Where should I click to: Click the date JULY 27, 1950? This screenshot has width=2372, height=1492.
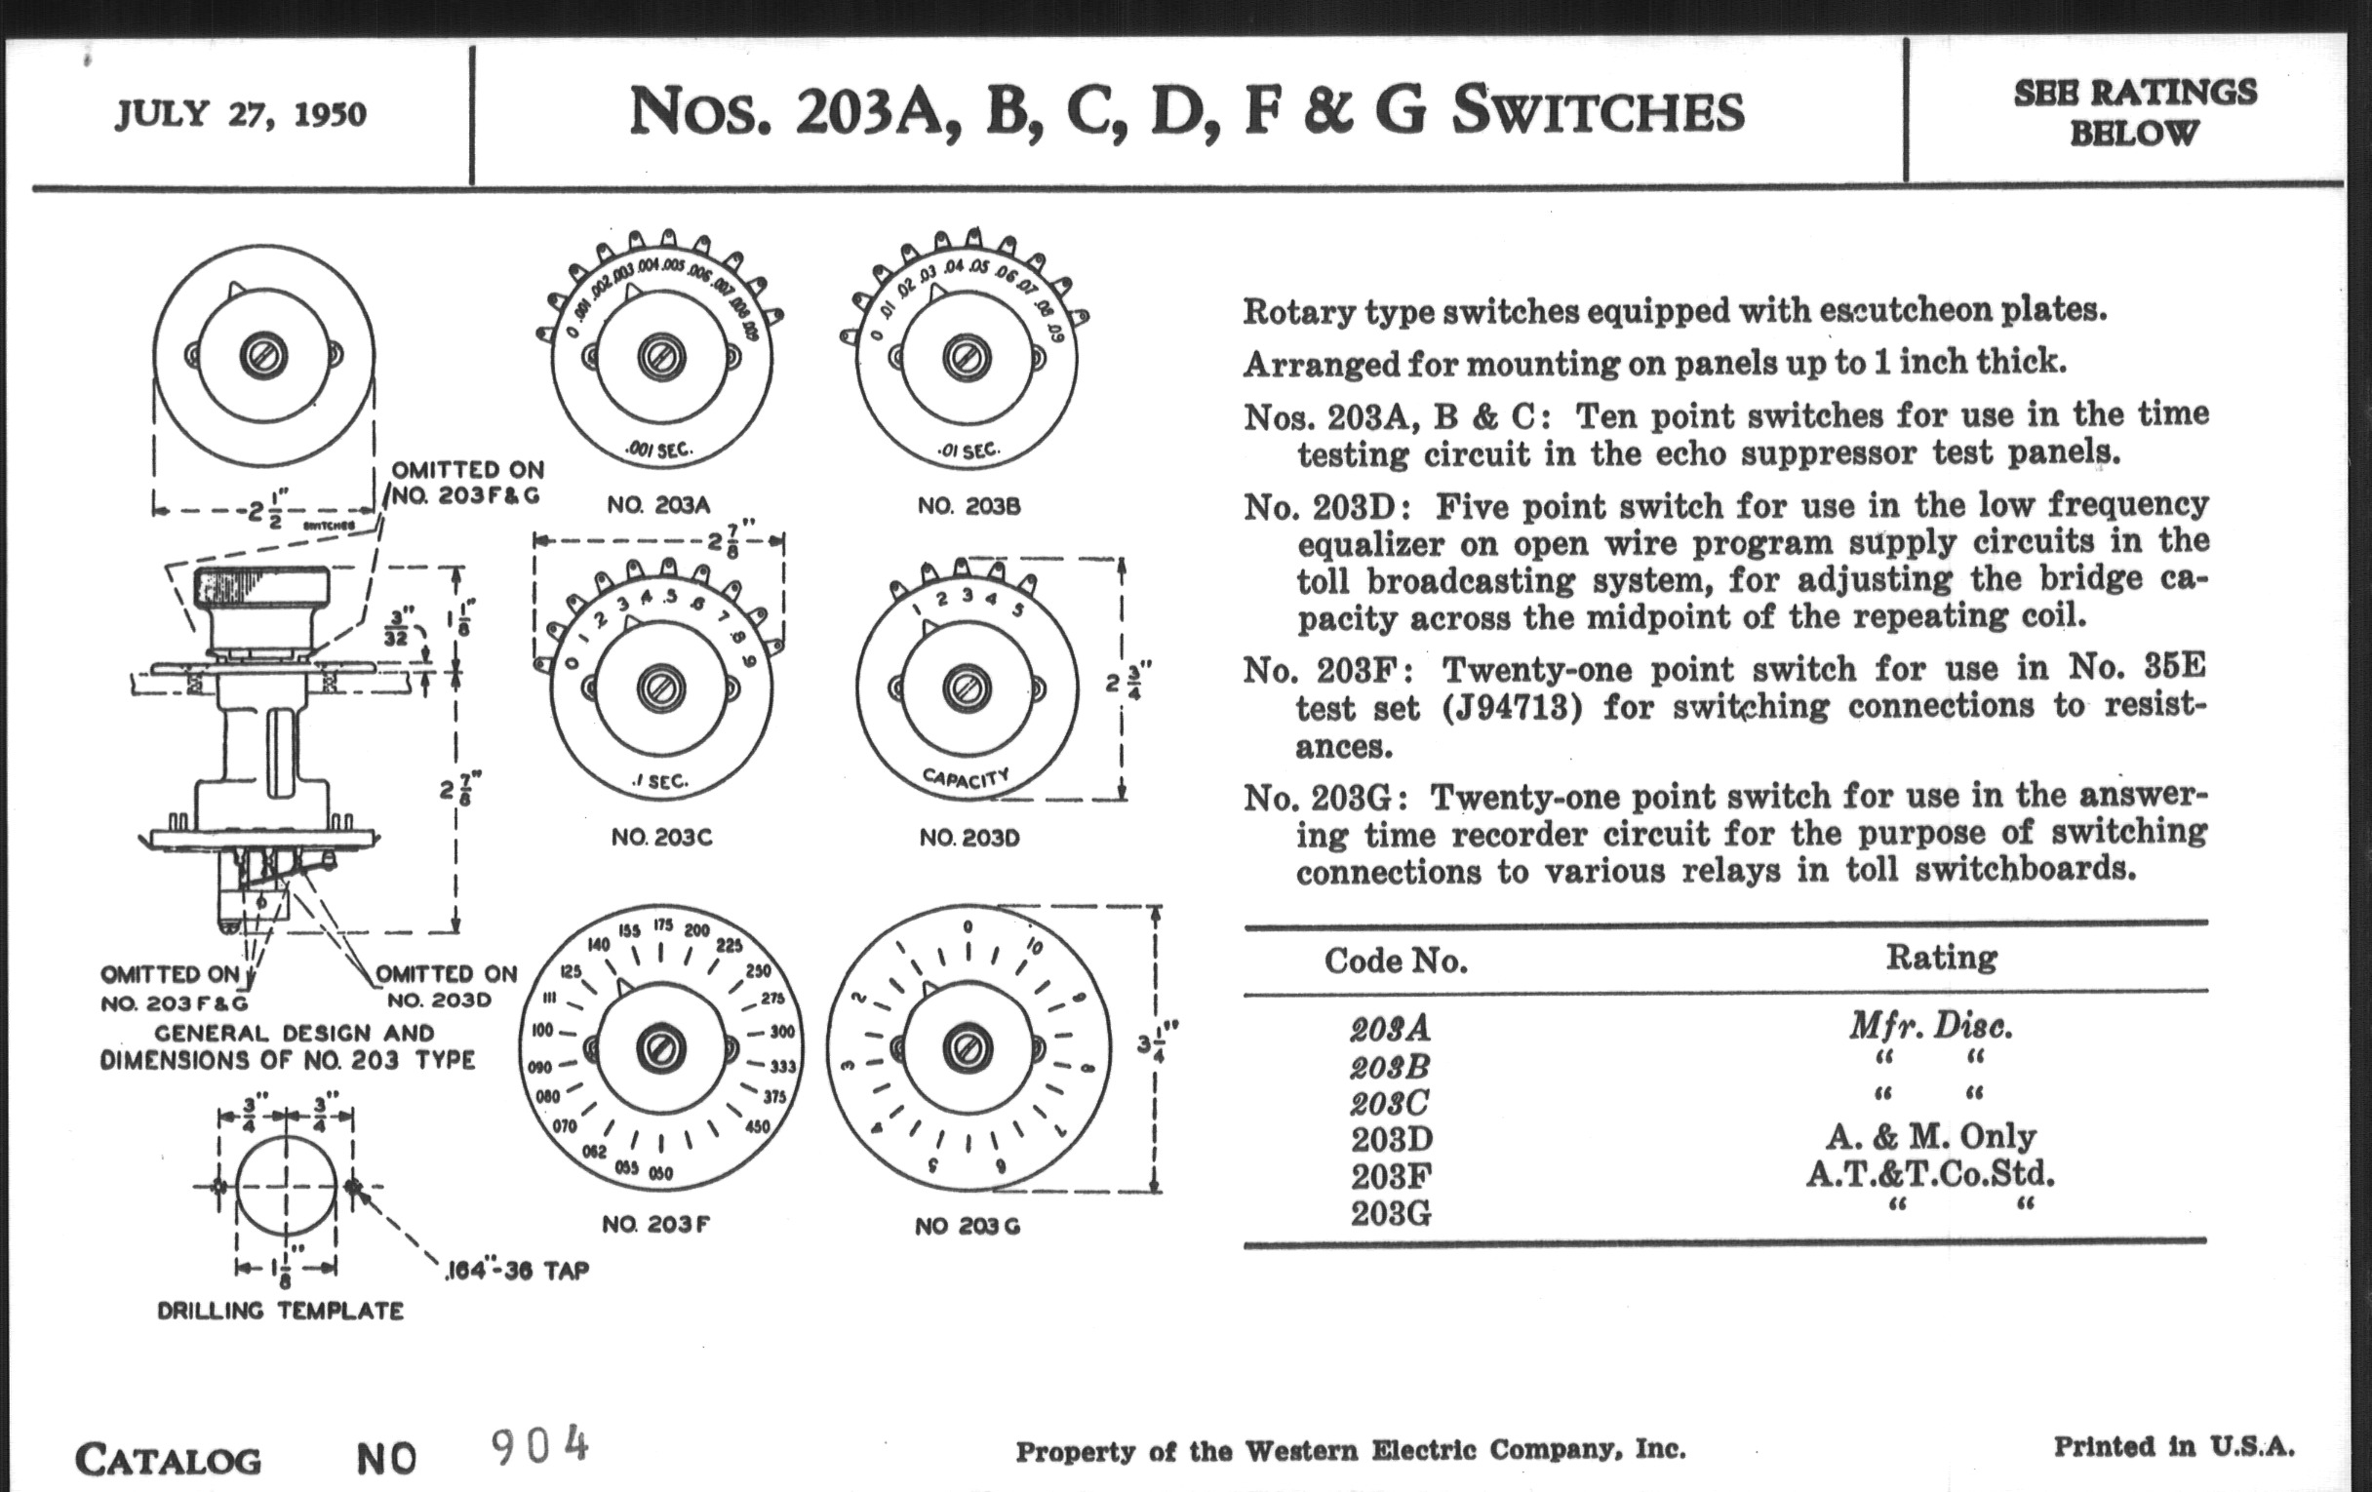click(240, 114)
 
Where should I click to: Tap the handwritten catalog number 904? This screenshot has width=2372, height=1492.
click(539, 1446)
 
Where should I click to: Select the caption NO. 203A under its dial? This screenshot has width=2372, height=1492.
click(658, 505)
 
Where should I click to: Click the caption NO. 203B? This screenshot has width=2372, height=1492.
click(969, 506)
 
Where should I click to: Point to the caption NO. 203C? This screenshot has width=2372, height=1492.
click(661, 837)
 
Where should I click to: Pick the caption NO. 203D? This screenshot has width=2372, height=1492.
click(969, 837)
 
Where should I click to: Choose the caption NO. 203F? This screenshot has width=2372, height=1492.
click(656, 1224)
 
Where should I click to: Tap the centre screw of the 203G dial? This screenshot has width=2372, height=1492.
click(968, 1050)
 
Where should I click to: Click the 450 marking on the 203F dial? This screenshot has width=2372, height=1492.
click(757, 1126)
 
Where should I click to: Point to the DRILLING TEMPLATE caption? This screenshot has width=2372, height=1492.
click(281, 1311)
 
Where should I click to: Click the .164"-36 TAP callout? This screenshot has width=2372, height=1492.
click(517, 1271)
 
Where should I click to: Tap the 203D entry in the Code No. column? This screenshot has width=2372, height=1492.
click(1391, 1139)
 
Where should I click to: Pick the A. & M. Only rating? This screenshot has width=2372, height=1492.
click(1931, 1136)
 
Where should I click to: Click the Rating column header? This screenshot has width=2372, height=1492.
click(1941, 958)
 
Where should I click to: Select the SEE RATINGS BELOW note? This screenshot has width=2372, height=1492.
click(2135, 112)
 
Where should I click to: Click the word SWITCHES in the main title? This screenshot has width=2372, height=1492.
click(1598, 111)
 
